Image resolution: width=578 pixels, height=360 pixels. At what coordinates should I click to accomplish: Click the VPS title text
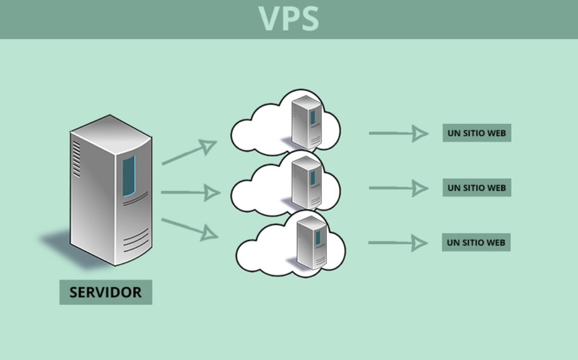(x=288, y=18)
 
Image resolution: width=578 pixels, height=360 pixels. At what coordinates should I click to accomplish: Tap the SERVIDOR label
(x=106, y=292)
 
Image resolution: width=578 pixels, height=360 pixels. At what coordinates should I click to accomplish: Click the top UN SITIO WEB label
(x=476, y=133)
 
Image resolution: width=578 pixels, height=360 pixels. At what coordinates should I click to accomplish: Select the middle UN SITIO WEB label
(x=476, y=187)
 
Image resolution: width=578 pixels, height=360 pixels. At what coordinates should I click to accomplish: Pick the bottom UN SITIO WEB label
(x=476, y=242)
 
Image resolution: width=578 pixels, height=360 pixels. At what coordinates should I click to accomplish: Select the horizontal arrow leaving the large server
(x=190, y=193)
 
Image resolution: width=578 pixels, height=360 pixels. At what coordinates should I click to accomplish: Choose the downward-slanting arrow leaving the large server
(x=189, y=228)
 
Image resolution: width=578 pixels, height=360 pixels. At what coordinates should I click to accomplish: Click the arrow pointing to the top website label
(x=398, y=133)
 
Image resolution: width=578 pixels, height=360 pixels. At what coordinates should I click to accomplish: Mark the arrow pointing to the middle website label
(x=398, y=188)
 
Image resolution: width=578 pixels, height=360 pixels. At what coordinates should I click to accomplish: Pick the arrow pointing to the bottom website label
(x=397, y=243)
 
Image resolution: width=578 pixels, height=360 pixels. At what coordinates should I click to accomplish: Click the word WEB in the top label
(x=496, y=133)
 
